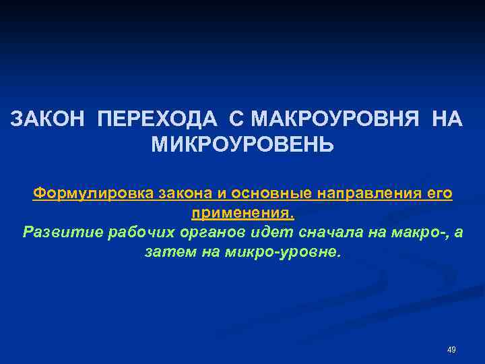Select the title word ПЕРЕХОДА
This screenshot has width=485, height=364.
157,119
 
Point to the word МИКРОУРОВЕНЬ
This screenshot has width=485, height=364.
242,144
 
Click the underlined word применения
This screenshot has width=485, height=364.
243,214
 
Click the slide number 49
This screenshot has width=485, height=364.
451,350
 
